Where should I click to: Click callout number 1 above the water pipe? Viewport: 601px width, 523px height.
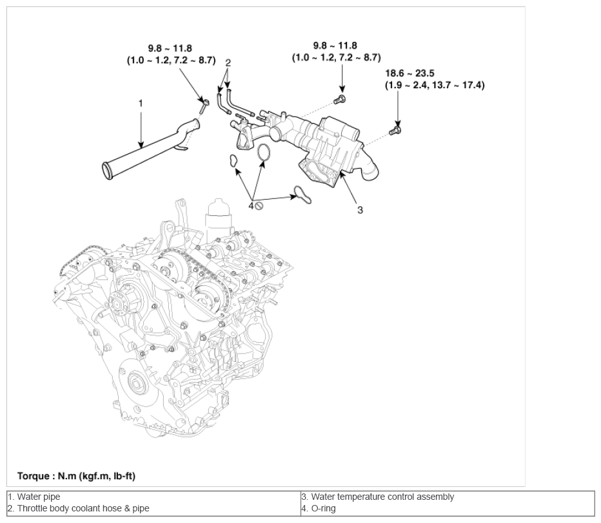click(141, 103)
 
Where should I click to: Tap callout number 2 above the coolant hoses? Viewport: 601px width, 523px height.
click(228, 62)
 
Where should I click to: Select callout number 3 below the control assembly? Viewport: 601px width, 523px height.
click(360, 210)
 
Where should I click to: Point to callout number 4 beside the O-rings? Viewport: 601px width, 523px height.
click(251, 206)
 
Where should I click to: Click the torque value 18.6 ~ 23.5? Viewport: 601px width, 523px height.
click(409, 73)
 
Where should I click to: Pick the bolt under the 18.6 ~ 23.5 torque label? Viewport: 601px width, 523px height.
click(395, 130)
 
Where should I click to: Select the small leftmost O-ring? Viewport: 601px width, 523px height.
click(233, 161)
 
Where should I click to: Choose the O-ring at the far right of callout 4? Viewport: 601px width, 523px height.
click(302, 195)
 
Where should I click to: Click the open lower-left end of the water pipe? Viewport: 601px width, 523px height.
click(107, 171)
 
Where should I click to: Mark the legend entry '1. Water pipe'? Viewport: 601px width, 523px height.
click(34, 497)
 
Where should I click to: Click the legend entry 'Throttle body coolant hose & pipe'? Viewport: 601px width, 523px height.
click(83, 508)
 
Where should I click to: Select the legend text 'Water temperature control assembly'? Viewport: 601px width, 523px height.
click(382, 497)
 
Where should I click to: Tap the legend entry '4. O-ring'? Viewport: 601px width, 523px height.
click(319, 508)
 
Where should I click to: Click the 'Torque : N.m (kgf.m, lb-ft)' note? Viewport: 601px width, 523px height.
click(76, 476)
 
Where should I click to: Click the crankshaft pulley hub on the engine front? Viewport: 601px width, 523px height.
click(135, 383)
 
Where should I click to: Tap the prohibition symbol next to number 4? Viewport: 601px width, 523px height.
click(259, 206)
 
